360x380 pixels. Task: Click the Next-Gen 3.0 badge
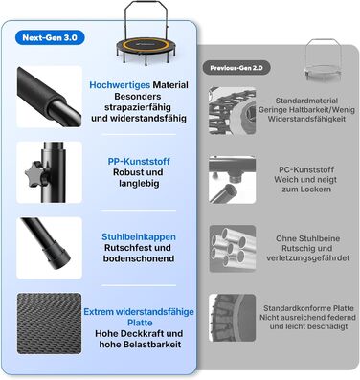point(50,37)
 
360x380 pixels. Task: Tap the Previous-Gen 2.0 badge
point(236,68)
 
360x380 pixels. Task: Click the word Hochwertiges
point(120,85)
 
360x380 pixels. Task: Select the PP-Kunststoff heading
point(139,161)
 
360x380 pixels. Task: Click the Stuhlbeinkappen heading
point(139,236)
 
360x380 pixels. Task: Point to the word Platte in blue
point(140,323)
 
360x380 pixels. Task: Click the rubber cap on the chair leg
point(56,257)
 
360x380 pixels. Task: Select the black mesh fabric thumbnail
point(49,324)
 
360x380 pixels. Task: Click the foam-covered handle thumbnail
point(49,97)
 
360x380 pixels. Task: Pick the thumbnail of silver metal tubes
point(233,249)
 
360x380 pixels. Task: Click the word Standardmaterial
point(306,101)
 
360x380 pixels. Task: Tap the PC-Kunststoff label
point(305,169)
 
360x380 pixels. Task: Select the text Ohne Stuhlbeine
point(307,238)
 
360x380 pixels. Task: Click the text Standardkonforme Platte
point(308,308)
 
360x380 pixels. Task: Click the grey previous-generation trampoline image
point(323,61)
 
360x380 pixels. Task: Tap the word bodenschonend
point(139,258)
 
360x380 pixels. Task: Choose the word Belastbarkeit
point(154,345)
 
